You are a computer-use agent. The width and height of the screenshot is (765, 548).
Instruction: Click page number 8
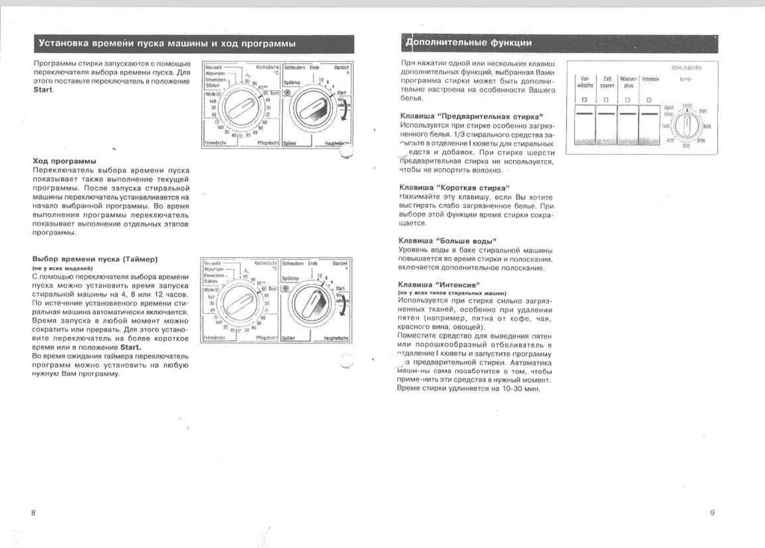[x=33, y=512]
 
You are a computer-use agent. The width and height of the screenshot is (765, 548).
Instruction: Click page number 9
[x=712, y=512]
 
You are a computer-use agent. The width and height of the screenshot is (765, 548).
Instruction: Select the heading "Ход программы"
[x=64, y=161]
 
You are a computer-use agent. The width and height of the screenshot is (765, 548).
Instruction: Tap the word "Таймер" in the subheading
[x=140, y=259]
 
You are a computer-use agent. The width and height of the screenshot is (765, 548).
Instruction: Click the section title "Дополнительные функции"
[x=468, y=43]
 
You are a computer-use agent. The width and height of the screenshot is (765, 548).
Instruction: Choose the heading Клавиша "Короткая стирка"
[x=454, y=187]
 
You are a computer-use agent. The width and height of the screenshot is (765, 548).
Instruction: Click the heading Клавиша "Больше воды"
[x=447, y=241]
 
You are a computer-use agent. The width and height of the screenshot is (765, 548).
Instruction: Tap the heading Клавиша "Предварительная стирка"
[x=471, y=116]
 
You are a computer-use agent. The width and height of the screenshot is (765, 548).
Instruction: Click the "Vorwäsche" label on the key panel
[x=585, y=82]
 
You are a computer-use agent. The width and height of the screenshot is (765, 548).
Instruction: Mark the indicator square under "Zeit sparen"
[x=606, y=100]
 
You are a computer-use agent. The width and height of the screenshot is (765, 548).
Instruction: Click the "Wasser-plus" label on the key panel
[x=628, y=82]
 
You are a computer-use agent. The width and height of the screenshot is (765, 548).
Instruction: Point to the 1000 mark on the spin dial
[x=687, y=106]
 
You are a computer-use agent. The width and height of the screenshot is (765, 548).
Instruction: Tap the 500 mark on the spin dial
[x=686, y=145]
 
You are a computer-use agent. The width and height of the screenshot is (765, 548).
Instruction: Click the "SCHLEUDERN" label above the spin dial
[x=687, y=68]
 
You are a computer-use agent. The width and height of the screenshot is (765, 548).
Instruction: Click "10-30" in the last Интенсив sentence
[x=512, y=388]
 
